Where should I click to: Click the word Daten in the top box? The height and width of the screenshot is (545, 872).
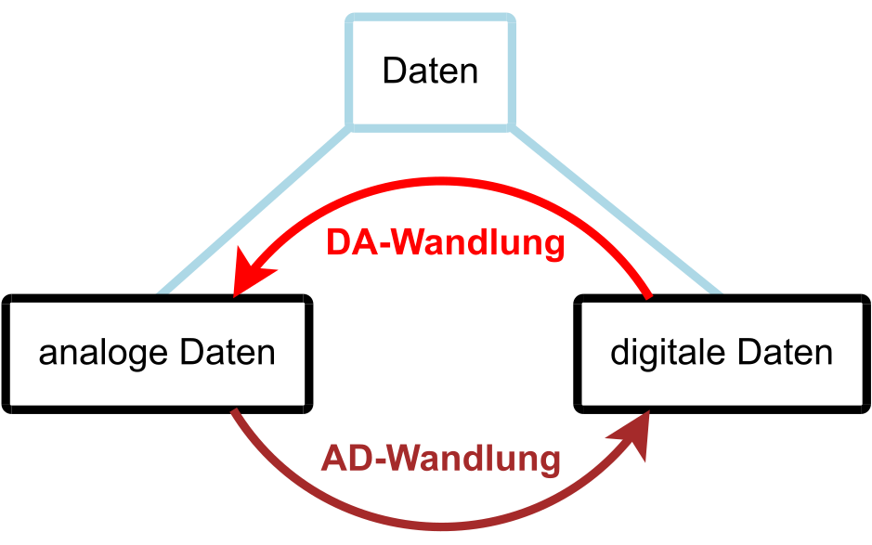tap(430, 71)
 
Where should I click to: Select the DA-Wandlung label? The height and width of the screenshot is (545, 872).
tap(445, 243)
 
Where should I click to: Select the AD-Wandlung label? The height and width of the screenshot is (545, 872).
tap(441, 458)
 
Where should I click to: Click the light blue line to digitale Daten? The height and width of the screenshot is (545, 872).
tap(613, 210)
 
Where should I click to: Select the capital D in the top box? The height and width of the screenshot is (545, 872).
tap(393, 71)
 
